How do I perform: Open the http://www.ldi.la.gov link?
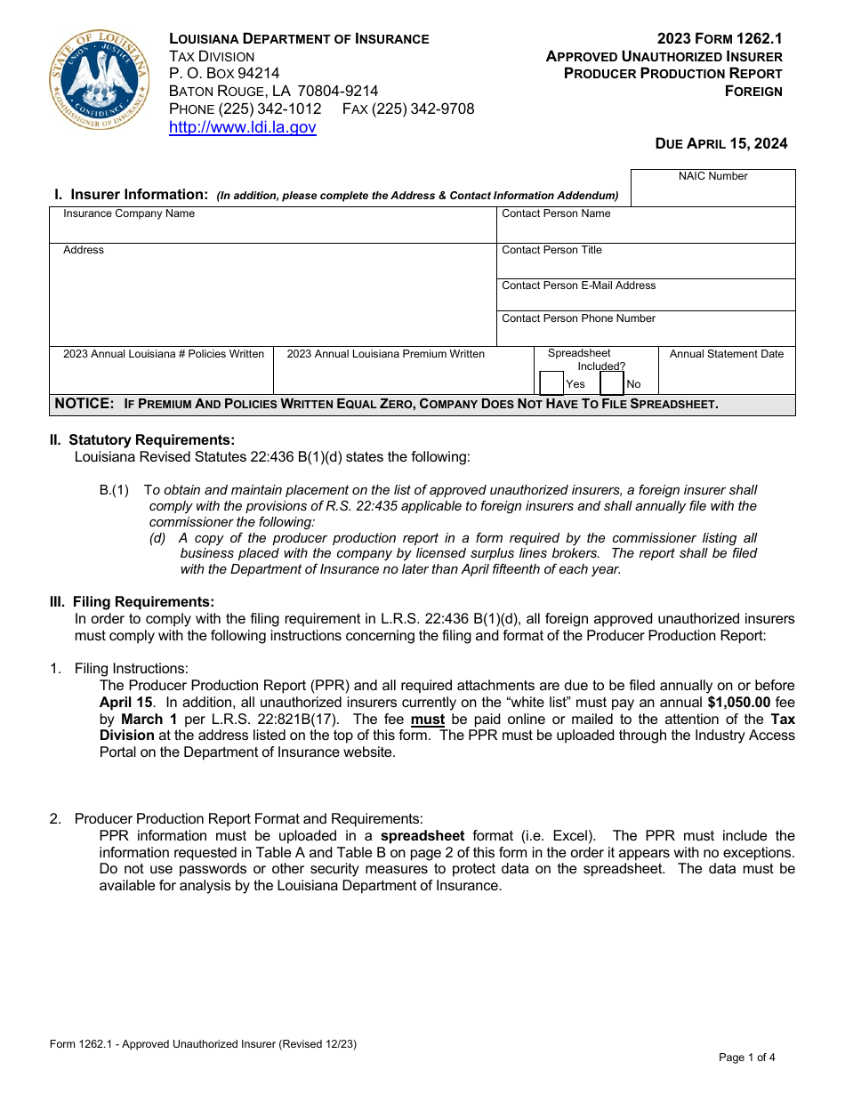pyautogui.click(x=242, y=127)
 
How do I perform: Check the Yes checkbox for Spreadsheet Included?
pyautogui.click(x=551, y=383)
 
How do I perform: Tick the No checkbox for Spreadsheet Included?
pyautogui.click(x=612, y=383)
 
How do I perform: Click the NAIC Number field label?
pyautogui.click(x=712, y=176)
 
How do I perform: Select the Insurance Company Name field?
pyautogui.click(x=271, y=226)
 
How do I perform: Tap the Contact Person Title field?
pyautogui.click(x=645, y=261)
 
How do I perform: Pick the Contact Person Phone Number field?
pyautogui.click(x=645, y=328)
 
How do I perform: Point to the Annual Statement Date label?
pyautogui.click(x=726, y=354)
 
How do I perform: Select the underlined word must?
pyautogui.click(x=427, y=719)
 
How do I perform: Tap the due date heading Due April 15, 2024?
pyautogui.click(x=720, y=143)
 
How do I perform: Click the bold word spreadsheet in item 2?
pyautogui.click(x=422, y=835)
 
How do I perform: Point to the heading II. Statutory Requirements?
pyautogui.click(x=142, y=439)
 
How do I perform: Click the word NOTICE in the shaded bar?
pyautogui.click(x=84, y=404)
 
